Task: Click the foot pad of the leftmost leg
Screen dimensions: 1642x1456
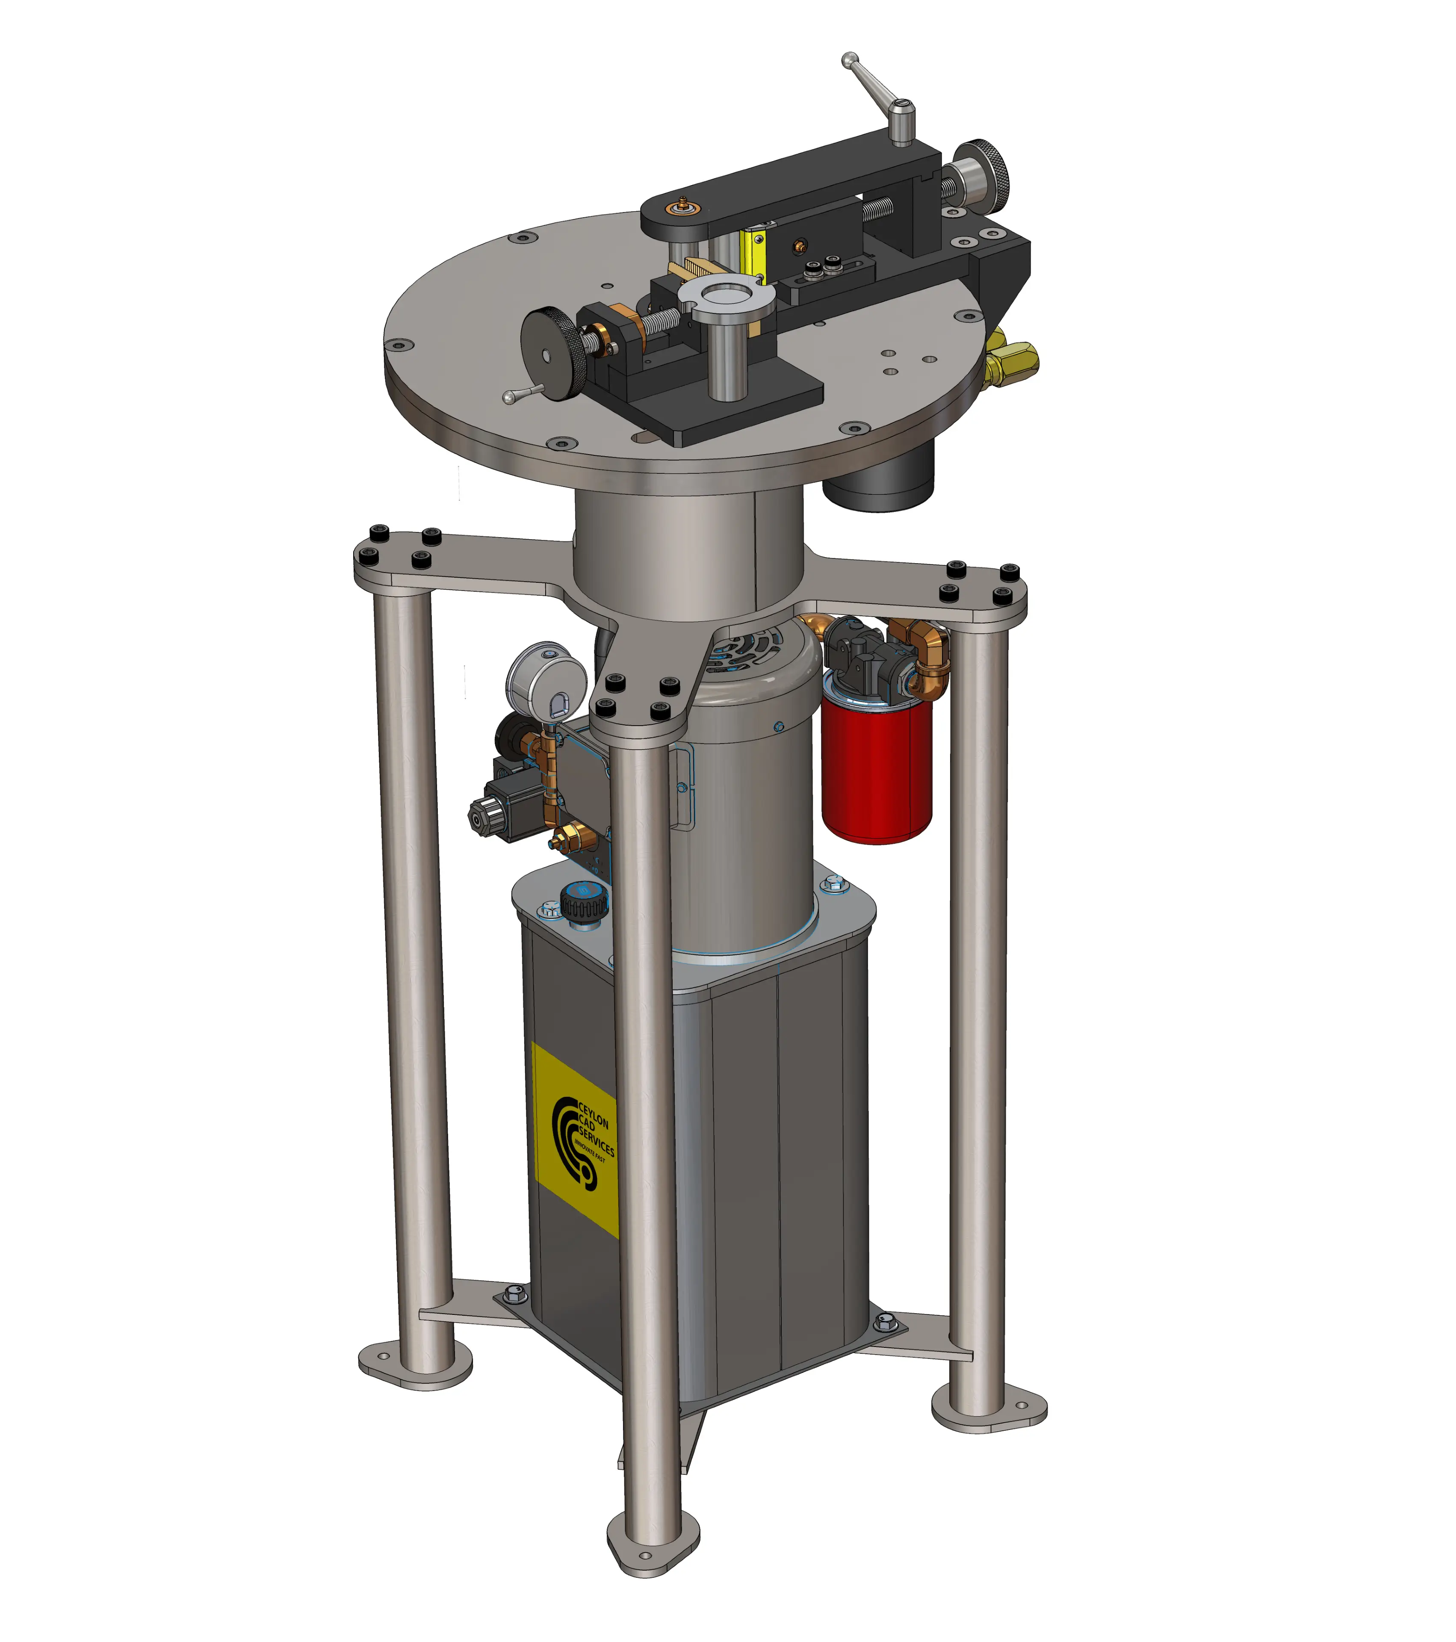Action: pos(415,1366)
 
